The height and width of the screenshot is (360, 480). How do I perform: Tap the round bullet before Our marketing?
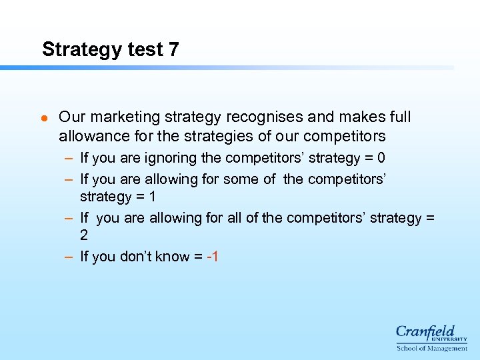click(x=44, y=118)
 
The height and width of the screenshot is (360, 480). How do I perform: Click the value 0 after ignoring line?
click(x=381, y=158)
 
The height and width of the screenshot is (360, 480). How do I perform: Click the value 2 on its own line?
click(x=84, y=235)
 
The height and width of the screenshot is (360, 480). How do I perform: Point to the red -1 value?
click(x=212, y=256)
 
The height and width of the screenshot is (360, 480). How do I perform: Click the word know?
click(x=162, y=256)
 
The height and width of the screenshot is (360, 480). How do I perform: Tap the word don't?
click(x=129, y=256)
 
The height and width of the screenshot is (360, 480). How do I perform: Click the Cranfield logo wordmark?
click(x=427, y=331)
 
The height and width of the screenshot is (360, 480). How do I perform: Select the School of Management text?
click(x=431, y=348)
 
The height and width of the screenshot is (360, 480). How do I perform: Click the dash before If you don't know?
click(x=69, y=256)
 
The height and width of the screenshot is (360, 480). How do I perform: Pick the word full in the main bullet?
click(x=398, y=117)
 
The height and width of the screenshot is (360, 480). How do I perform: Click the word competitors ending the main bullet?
click(x=345, y=137)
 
